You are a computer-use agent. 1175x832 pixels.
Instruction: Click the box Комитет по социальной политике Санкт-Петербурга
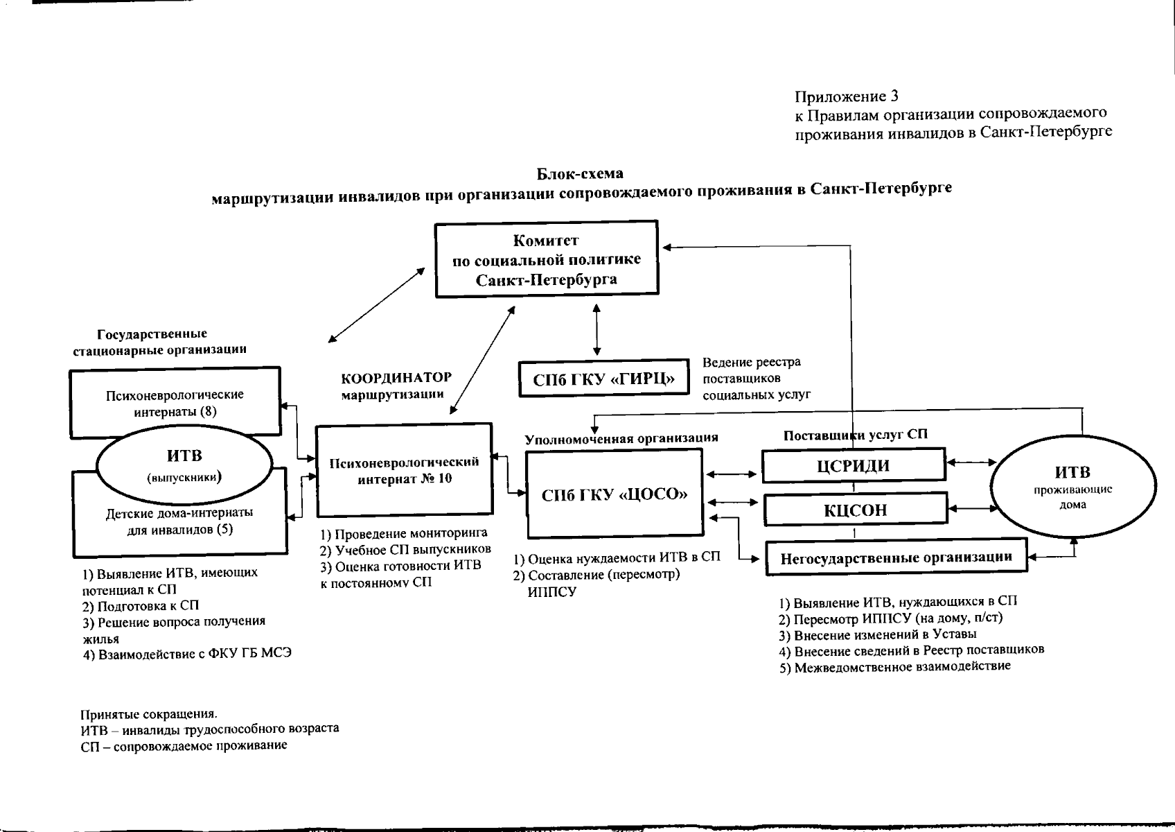[546, 260]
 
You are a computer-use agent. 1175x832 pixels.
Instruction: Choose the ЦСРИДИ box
[853, 465]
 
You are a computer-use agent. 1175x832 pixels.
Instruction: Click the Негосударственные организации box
[896, 557]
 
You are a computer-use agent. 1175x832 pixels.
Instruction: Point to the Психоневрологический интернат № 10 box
[405, 470]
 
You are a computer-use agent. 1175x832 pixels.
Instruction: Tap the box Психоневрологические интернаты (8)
[175, 402]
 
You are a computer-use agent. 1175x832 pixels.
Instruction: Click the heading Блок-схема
[581, 173]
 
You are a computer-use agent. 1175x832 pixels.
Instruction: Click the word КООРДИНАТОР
[396, 379]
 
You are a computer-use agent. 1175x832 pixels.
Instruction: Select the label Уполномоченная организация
[621, 438]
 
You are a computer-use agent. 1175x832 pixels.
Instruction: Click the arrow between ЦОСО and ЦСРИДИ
[732, 475]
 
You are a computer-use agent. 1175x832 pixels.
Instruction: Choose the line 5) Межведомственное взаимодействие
[894, 666]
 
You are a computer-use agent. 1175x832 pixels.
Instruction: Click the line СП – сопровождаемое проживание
[184, 746]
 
